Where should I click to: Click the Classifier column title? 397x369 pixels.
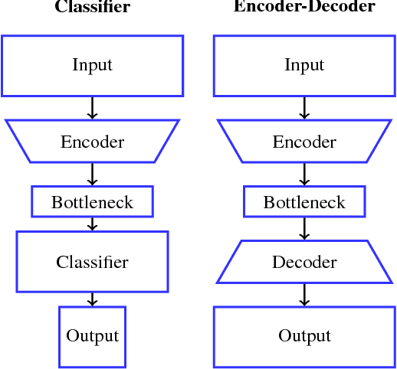[x=92, y=8]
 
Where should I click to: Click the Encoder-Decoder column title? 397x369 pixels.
[x=304, y=7]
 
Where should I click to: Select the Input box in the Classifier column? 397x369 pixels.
[x=92, y=65]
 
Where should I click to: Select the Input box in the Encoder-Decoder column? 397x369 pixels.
[x=304, y=65]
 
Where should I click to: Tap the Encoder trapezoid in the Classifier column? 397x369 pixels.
[x=92, y=142]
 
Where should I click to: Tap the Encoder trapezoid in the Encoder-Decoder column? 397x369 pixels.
[x=304, y=142]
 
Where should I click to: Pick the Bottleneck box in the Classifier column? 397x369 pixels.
[x=92, y=202]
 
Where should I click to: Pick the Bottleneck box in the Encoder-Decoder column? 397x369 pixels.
[x=304, y=202]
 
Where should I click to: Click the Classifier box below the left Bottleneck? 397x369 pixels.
[x=92, y=262]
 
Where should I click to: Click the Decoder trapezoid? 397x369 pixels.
[x=304, y=262]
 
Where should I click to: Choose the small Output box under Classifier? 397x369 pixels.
[x=92, y=336]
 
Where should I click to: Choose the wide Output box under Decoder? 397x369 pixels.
[x=304, y=336]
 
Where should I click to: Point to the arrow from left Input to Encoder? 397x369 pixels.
[x=92, y=107]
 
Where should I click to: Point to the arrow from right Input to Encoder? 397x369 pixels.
[x=304, y=107]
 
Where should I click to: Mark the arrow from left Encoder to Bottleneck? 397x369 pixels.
[x=92, y=175]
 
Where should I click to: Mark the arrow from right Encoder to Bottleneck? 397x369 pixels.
[x=304, y=175]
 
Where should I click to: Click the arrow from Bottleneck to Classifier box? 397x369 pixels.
[x=92, y=224]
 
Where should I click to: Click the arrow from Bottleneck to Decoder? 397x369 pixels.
[x=304, y=229]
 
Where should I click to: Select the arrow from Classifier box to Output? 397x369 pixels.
[x=92, y=299]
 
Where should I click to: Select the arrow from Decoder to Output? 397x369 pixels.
[x=304, y=295]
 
